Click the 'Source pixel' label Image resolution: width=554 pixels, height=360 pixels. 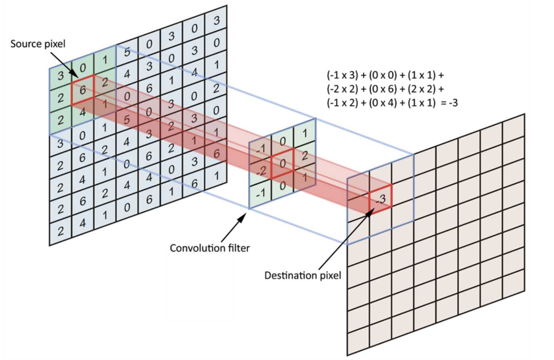[x=38, y=44]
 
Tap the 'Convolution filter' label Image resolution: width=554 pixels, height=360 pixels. [x=210, y=248]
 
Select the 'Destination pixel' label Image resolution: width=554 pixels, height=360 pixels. [x=302, y=275]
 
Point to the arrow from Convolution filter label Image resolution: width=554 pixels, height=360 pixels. [x=234, y=228]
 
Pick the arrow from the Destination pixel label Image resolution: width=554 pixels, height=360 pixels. [x=344, y=241]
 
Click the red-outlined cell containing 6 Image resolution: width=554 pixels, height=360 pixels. [x=82, y=90]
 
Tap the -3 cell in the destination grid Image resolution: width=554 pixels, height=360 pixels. [x=380, y=198]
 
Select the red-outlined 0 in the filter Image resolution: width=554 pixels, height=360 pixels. [x=283, y=163]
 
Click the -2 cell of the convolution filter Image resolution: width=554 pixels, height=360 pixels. [x=261, y=171]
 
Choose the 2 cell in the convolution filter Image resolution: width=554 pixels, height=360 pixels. [x=304, y=155]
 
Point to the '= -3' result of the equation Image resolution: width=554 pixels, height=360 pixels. [x=449, y=103]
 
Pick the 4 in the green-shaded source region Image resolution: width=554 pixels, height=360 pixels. [x=82, y=112]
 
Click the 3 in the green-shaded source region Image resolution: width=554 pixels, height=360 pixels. [x=60, y=75]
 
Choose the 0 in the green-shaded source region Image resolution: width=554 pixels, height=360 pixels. [x=82, y=68]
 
